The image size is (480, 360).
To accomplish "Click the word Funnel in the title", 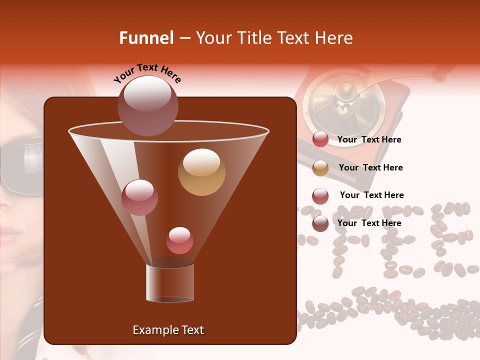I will [x=146, y=38].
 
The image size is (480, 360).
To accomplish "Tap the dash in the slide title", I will [x=184, y=38].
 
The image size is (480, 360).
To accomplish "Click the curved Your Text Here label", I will [x=147, y=72].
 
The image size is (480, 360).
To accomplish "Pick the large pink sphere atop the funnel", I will [x=147, y=105].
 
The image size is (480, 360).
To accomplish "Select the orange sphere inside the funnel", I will [x=201, y=172].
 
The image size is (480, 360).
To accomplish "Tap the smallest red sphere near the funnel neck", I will [x=179, y=240].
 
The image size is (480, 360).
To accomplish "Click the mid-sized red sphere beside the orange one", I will [x=139, y=197].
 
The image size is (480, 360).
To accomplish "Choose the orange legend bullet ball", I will [x=320, y=168].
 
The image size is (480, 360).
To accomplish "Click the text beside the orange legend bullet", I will [x=370, y=167].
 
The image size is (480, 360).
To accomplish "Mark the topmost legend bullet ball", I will [x=320, y=139].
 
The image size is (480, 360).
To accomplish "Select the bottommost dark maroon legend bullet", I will [x=320, y=223].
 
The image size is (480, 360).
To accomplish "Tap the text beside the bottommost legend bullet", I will [x=369, y=223].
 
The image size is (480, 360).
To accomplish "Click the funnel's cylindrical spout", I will [x=170, y=283].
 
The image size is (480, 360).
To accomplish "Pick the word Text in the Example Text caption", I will [x=191, y=330].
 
